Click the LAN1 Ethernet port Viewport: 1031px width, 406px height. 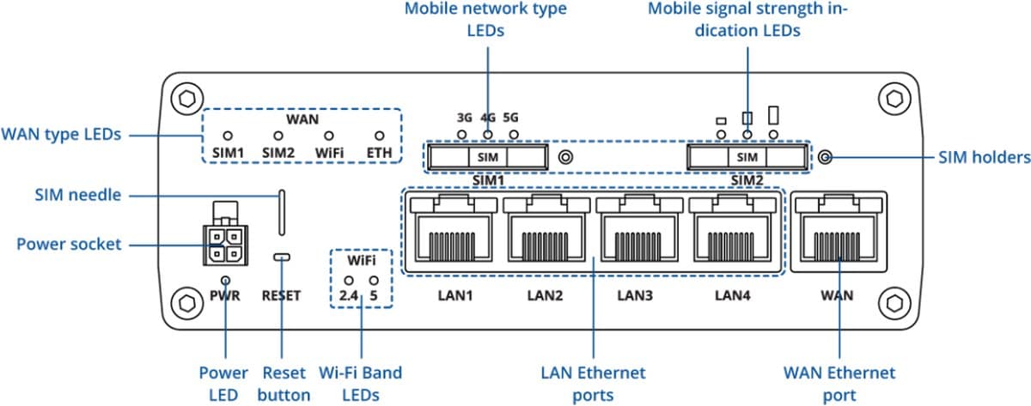coord(452,232)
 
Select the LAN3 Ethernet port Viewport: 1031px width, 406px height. coord(638,232)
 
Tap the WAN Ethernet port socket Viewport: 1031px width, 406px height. coord(837,232)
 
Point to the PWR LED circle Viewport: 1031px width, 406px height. coord(225,280)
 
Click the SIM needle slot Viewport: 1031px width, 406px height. coord(281,212)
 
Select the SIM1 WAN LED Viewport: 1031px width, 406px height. coord(228,136)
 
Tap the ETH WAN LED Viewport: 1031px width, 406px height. coord(378,136)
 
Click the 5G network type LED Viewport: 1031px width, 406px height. coord(513,135)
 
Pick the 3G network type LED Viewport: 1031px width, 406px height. coord(462,135)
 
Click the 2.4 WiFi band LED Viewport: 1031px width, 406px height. coord(349,281)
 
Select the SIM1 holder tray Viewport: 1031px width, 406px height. coord(486,157)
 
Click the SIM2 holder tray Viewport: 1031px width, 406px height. coord(748,157)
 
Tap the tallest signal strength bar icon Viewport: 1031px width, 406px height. coord(774,115)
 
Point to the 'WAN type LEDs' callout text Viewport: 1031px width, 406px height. coord(62,135)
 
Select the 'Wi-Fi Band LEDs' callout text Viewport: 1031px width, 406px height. coord(361,384)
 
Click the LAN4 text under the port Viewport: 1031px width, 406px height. coord(729,296)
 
